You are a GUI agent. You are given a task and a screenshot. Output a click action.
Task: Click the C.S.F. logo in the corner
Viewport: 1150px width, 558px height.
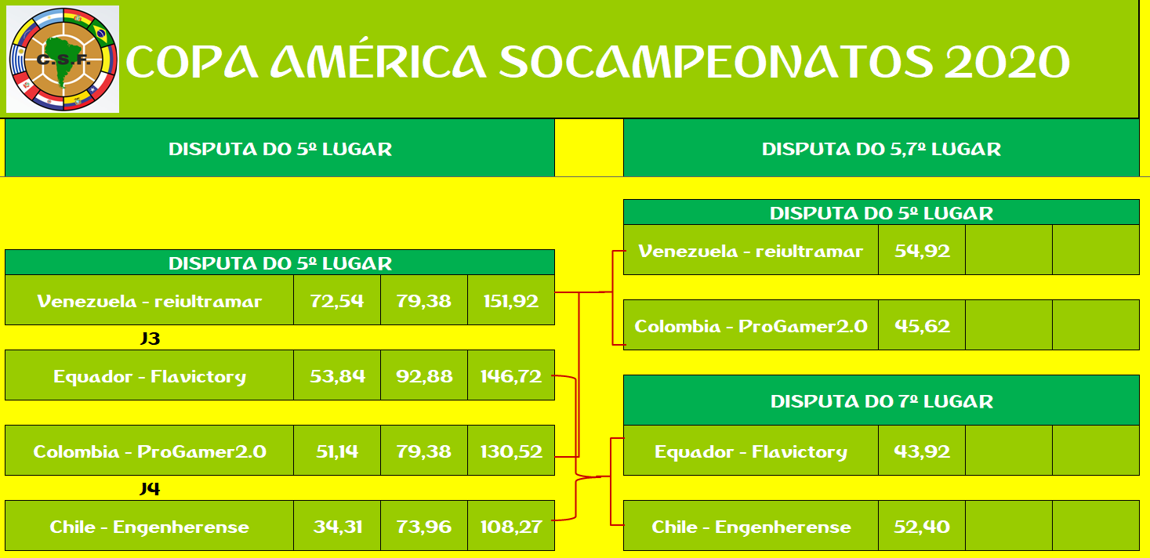coord(63,59)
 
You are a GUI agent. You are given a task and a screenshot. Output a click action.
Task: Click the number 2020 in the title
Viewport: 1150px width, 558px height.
coord(1007,62)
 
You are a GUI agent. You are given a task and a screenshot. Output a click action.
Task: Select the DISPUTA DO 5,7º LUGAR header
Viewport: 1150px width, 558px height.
coord(881,149)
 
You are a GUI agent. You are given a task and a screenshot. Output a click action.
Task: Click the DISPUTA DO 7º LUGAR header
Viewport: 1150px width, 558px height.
coord(881,401)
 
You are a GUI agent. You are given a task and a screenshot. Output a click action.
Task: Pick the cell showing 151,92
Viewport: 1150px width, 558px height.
coord(511,301)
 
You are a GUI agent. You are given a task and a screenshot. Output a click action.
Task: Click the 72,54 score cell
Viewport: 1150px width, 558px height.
coord(337,301)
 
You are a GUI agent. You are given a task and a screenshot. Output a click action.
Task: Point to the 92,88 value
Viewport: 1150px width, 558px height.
coord(424,376)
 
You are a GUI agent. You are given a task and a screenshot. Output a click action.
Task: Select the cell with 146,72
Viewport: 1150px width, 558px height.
coord(511,376)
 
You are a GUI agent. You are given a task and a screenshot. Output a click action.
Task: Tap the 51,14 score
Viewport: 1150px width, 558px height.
coord(337,451)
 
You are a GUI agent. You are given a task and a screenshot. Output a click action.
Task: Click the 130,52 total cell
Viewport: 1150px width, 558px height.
coord(511,451)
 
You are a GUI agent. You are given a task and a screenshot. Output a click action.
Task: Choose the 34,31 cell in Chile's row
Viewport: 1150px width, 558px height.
coord(337,527)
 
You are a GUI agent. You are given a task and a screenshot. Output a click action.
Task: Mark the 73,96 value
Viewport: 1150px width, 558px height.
coord(424,527)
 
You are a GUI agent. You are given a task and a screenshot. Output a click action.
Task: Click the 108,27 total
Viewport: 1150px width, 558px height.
coord(511,527)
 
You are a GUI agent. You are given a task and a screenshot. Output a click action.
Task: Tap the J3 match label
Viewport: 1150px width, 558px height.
coord(150,339)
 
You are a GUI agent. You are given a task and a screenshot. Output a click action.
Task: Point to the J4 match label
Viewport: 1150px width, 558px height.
coord(150,488)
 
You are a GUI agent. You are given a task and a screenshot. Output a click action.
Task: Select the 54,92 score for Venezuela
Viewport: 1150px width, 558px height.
coord(922,251)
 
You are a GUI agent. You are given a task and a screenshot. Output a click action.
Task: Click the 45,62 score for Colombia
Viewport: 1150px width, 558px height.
coord(922,326)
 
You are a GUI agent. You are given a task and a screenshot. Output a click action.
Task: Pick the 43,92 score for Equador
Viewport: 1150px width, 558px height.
coord(922,451)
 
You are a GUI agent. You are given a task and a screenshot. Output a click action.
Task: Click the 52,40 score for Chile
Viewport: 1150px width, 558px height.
coord(922,527)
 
